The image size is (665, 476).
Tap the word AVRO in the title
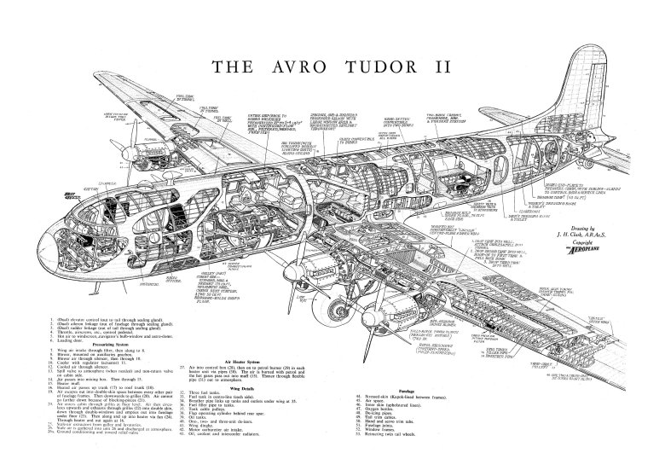270,67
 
